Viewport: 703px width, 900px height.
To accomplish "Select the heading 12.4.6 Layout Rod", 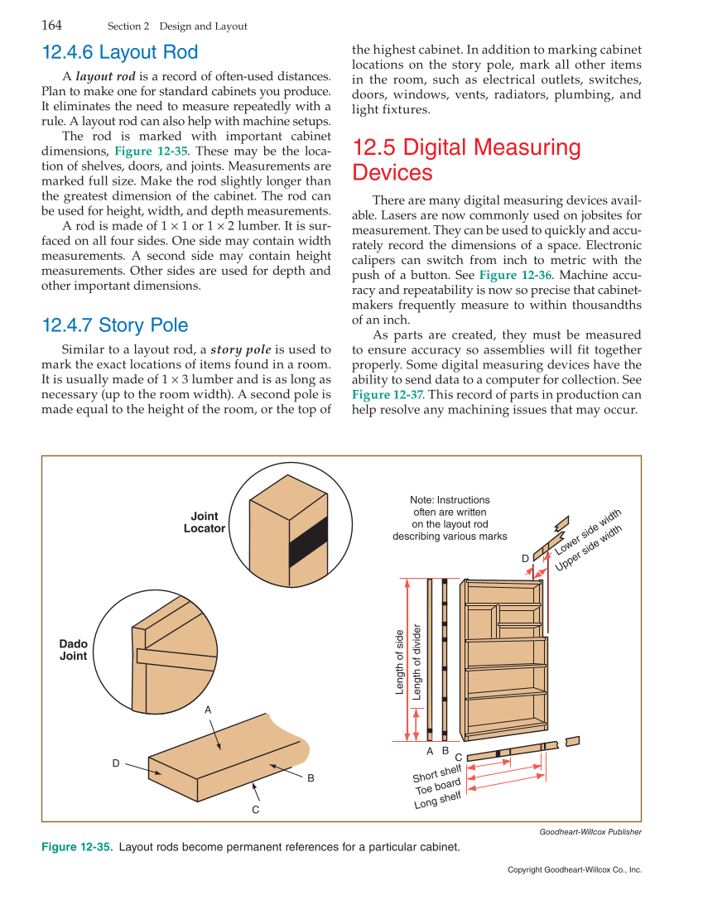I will click(120, 53).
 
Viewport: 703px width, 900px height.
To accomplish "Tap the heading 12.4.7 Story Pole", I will click(115, 325).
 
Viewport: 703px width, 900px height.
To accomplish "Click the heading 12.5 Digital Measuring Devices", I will click(466, 160).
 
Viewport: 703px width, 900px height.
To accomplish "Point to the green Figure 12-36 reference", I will click(509, 275).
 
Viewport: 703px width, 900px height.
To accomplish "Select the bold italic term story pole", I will click(241, 349).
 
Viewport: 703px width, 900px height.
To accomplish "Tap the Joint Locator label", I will click(204, 522).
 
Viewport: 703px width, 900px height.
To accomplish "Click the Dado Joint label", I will click(73, 650).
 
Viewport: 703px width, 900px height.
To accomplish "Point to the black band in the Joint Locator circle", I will click(308, 542).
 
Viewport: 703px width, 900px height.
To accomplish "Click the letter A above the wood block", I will click(208, 710).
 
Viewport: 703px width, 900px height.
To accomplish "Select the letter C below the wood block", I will click(256, 809).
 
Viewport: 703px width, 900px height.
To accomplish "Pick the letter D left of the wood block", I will click(116, 763).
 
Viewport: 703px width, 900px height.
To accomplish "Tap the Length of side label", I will click(400, 662).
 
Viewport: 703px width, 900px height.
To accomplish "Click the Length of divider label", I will click(417, 662).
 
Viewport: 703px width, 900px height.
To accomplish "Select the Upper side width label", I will click(589, 549).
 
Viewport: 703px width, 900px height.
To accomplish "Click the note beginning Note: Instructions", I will click(450, 518).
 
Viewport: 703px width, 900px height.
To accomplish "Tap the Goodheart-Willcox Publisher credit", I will click(590, 832).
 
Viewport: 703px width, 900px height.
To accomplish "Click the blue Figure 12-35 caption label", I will click(77, 847).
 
